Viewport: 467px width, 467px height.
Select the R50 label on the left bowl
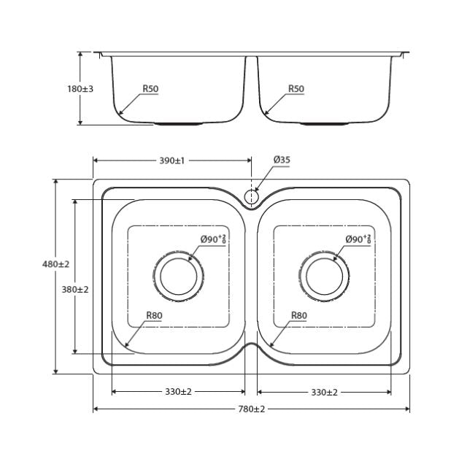(x=150, y=89)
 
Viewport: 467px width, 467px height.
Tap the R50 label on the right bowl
(x=296, y=89)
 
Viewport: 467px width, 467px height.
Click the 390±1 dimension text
(x=172, y=161)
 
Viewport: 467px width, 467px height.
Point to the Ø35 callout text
(x=282, y=160)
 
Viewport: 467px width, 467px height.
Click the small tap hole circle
(x=252, y=196)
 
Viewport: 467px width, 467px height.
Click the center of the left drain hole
(x=178, y=277)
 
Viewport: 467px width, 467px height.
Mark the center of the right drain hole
(x=325, y=277)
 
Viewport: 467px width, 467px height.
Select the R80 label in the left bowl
(x=153, y=316)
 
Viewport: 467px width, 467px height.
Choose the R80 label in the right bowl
(x=298, y=316)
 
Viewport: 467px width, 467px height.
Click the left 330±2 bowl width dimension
(x=178, y=392)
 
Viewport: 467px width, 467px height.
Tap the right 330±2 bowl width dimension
(x=325, y=392)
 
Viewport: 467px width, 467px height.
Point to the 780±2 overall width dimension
(x=252, y=409)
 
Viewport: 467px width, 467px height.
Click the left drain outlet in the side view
(x=178, y=123)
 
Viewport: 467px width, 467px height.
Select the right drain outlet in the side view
(x=325, y=123)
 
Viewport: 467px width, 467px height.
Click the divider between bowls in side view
(x=252, y=80)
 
